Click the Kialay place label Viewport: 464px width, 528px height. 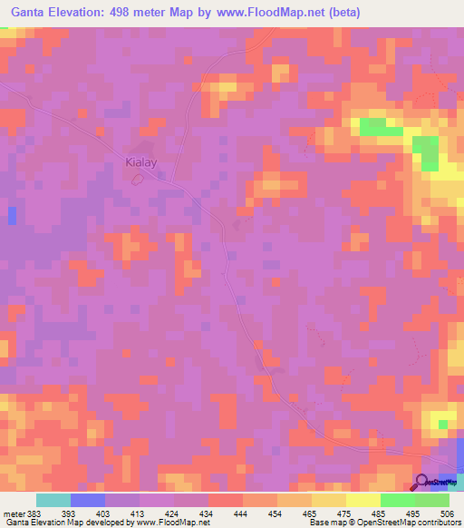pyautogui.click(x=140, y=163)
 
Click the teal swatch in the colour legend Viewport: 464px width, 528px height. pyautogui.click(x=53, y=500)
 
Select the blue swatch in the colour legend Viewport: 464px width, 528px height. pyautogui.click(x=88, y=500)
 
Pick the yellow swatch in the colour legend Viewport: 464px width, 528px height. pyautogui.click(x=363, y=500)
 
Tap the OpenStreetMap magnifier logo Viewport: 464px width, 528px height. pyautogui.click(x=422, y=483)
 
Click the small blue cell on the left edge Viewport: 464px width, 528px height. pyautogui.click(x=12, y=215)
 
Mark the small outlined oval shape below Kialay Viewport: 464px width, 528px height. pyautogui.click(x=138, y=179)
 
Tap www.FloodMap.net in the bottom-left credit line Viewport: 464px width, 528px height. pyautogui.click(x=172, y=523)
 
